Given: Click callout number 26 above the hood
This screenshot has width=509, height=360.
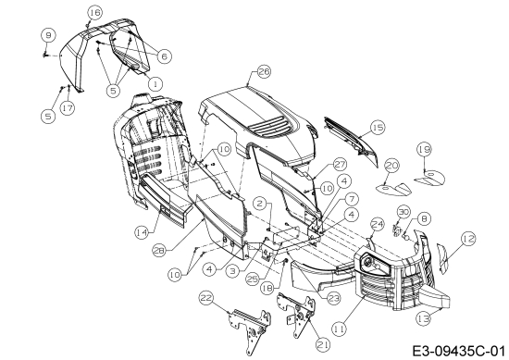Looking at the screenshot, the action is click(x=264, y=71).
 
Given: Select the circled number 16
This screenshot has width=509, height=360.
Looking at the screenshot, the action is click(x=95, y=13).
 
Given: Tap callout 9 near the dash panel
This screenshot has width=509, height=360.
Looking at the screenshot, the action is click(x=48, y=35).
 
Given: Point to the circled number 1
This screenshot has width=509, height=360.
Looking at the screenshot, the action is click(x=155, y=83).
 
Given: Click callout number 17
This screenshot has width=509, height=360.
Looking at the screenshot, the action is click(x=68, y=107).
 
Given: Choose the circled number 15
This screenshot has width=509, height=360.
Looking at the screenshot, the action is click(x=378, y=128).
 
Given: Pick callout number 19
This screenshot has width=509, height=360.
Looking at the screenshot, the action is click(x=424, y=150).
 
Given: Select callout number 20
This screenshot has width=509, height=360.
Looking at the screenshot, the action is click(x=391, y=166).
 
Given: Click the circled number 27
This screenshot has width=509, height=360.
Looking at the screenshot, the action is click(x=340, y=165).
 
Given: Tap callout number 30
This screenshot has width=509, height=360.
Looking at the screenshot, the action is click(x=403, y=213).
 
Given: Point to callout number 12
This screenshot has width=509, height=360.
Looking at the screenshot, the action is click(x=467, y=239).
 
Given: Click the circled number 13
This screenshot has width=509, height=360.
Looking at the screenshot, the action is click(x=424, y=318).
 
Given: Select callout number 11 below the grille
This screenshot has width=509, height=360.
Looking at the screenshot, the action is click(x=340, y=329).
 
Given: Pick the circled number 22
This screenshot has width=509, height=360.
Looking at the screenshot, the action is click(x=206, y=298).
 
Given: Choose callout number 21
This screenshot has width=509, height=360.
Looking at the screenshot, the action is click(x=323, y=345).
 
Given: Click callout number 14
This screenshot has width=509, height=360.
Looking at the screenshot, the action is click(x=142, y=232).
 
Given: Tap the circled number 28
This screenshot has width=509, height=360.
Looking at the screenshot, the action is click(x=159, y=251).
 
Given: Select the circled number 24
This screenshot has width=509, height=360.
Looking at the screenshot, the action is click(x=378, y=225).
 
